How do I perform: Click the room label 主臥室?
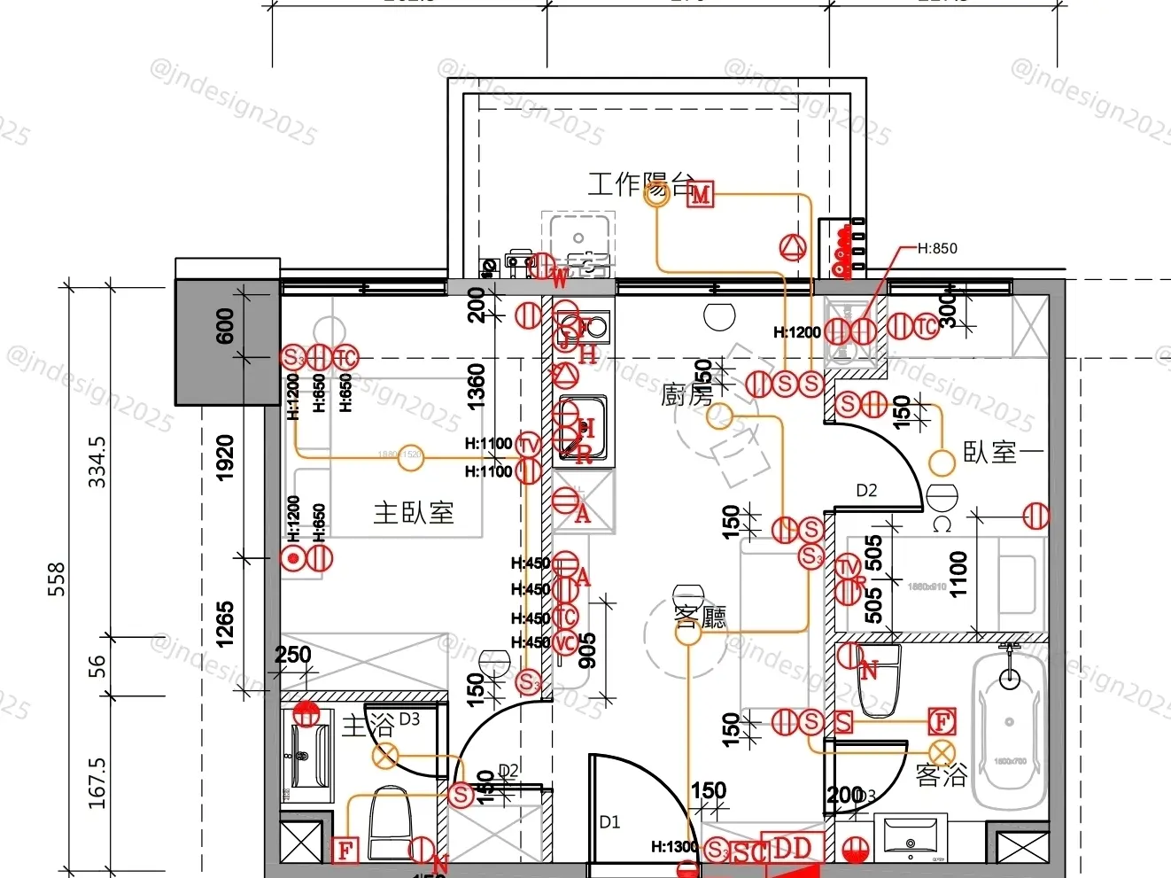point(414,512)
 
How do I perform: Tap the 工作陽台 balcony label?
point(640,184)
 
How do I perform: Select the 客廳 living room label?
point(701,617)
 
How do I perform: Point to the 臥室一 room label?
point(1004,452)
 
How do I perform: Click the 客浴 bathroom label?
point(941,776)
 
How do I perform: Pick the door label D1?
point(610,822)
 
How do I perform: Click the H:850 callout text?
point(937,248)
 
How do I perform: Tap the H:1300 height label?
point(674,847)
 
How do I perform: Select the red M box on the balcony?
point(702,194)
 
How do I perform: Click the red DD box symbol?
point(792,849)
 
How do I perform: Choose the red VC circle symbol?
point(565,643)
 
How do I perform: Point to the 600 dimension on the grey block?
point(225,325)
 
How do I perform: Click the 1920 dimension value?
point(225,458)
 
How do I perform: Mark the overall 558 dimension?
point(57,579)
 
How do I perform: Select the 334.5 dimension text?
point(97,461)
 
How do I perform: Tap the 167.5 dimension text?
point(97,781)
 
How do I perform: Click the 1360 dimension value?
point(477,387)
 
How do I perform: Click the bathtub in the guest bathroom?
point(1009,731)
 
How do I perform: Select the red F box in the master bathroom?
point(345,851)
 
